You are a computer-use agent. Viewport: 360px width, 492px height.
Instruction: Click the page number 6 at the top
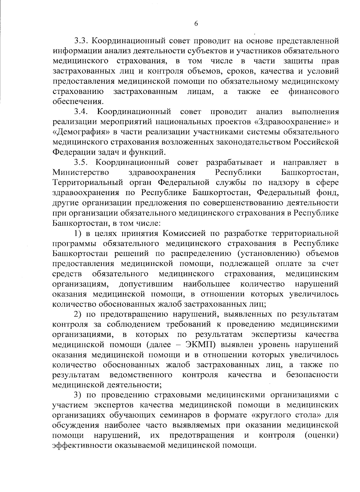pos(196,24)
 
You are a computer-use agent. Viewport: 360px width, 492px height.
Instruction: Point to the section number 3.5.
pos(81,163)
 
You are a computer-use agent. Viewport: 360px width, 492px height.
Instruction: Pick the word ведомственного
pos(141,375)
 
